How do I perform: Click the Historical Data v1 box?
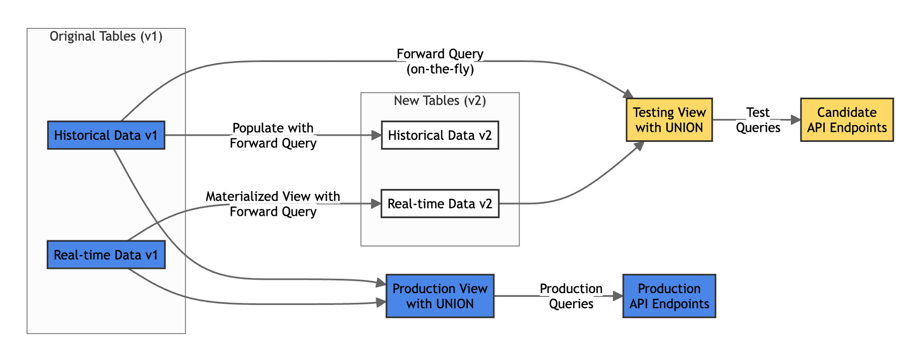pyautogui.click(x=106, y=135)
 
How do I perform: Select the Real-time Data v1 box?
pyautogui.click(x=106, y=255)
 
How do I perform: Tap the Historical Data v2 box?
pyautogui.click(x=440, y=135)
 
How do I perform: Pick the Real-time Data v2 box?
pyautogui.click(x=440, y=203)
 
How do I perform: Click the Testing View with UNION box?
pyautogui.click(x=669, y=120)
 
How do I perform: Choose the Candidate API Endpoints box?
pyautogui.click(x=846, y=120)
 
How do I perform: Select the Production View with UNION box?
pyautogui.click(x=440, y=296)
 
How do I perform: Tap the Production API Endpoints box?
pyautogui.click(x=669, y=296)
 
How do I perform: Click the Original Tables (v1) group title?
pyautogui.click(x=106, y=37)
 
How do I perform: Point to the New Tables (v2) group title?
pyautogui.click(x=440, y=101)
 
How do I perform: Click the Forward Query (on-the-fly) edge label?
pyautogui.click(x=440, y=61)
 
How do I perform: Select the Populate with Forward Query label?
pyautogui.click(x=273, y=135)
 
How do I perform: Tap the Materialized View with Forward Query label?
pyautogui.click(x=273, y=203)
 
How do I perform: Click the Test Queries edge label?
pyautogui.click(x=758, y=120)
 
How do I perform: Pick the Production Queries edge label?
pyautogui.click(x=571, y=296)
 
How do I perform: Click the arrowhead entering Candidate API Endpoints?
pyautogui.click(x=796, y=120)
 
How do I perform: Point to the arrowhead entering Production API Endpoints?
pyautogui.click(x=618, y=296)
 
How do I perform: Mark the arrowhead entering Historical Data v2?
pyautogui.click(x=377, y=135)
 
